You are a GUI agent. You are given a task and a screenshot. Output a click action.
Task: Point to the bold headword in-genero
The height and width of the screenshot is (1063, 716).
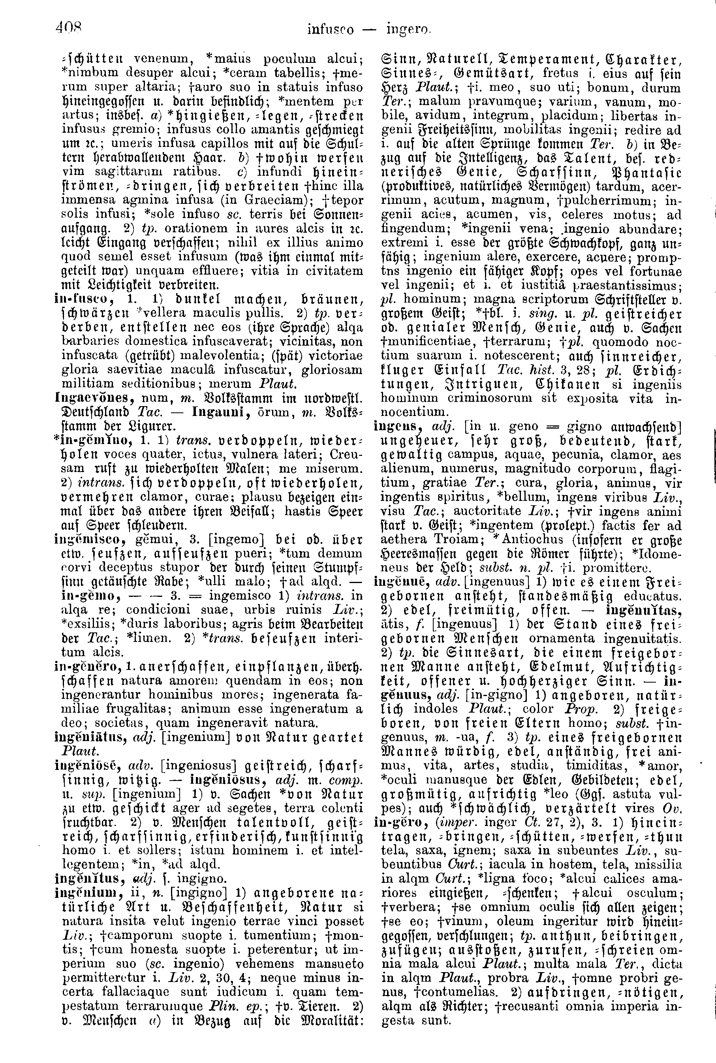pos(88,667)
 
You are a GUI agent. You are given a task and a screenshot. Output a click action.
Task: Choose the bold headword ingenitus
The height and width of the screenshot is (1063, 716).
pos(90,879)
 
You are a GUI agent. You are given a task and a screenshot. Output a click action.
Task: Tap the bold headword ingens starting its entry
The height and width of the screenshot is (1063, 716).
pos(396,427)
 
